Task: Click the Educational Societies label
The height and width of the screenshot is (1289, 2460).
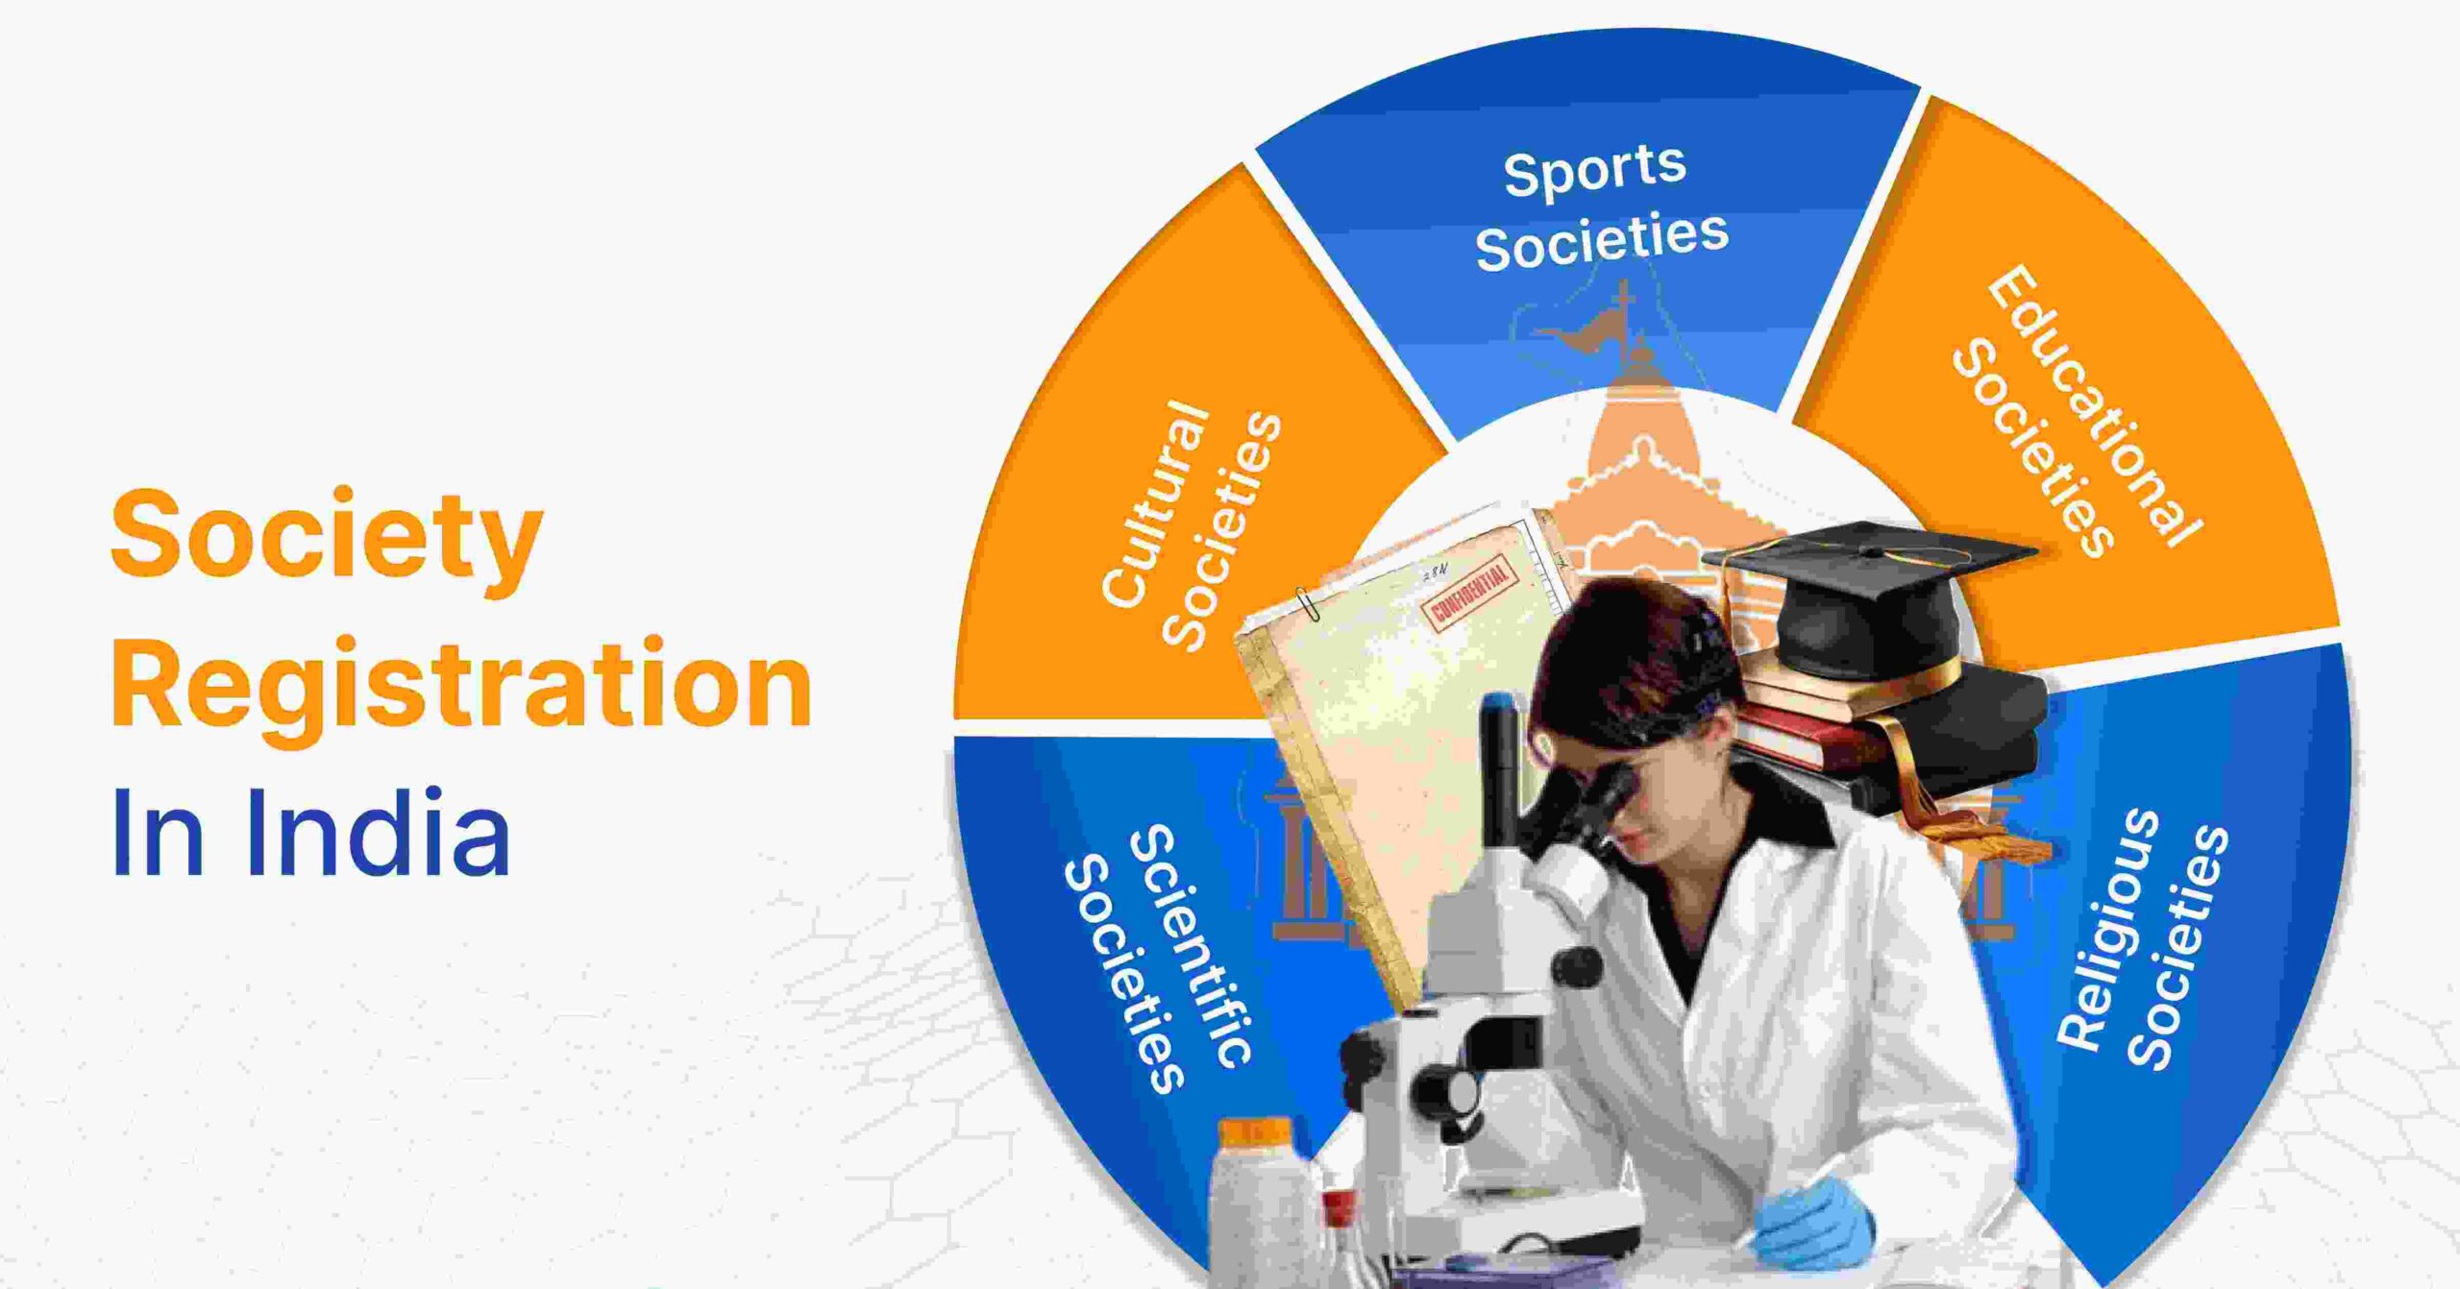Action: tap(2076, 413)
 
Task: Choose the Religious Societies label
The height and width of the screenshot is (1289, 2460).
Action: tap(2143, 941)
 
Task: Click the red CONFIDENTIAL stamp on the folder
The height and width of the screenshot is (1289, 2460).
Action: tap(1471, 592)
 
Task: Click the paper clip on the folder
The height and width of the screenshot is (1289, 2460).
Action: tap(1307, 604)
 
